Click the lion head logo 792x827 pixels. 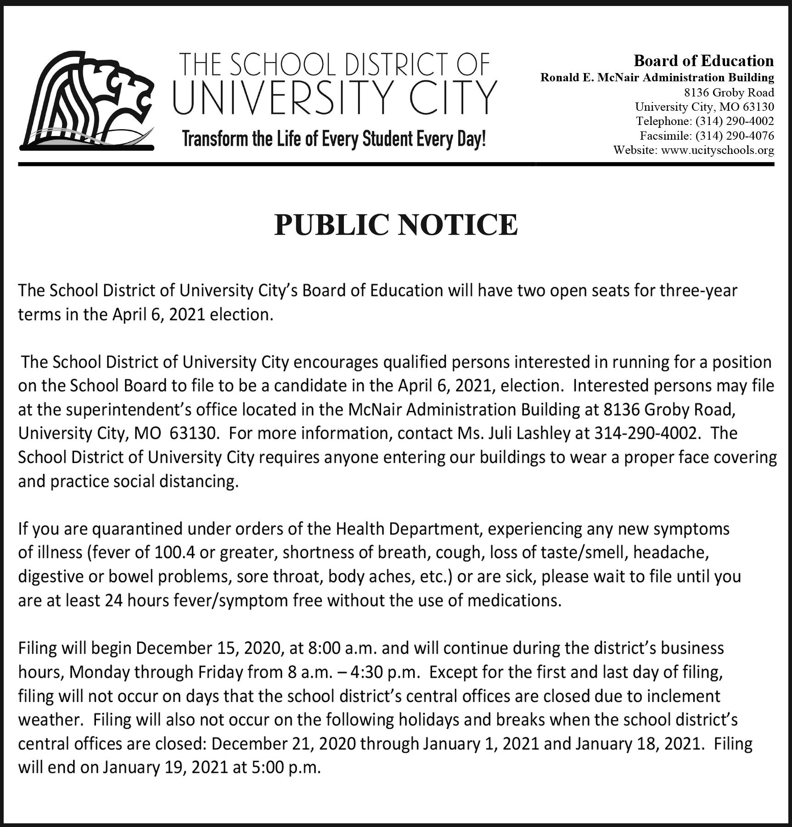click(x=87, y=100)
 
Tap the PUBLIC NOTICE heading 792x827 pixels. click(x=396, y=225)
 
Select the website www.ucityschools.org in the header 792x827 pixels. click(x=717, y=150)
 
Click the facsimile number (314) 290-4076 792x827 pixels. click(x=735, y=136)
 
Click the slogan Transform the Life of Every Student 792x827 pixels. click(x=334, y=138)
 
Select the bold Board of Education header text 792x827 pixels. click(x=703, y=61)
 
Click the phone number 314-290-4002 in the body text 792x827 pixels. click(x=647, y=433)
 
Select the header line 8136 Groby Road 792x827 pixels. click(x=729, y=92)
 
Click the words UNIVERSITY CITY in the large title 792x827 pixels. click(x=335, y=98)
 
